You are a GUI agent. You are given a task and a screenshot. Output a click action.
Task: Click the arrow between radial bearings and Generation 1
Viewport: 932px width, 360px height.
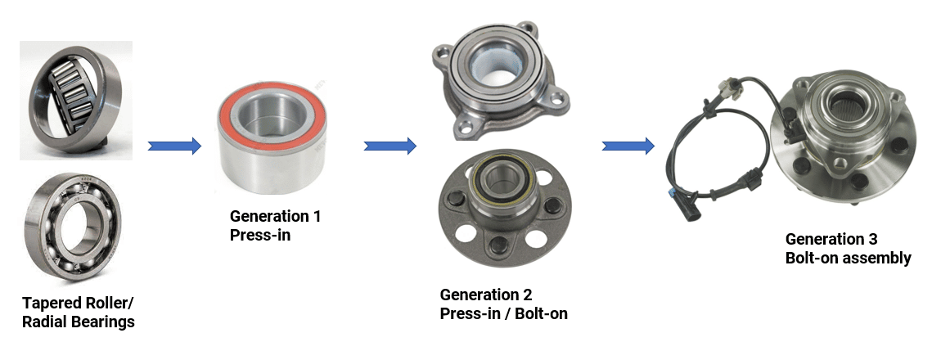pyautogui.click(x=174, y=146)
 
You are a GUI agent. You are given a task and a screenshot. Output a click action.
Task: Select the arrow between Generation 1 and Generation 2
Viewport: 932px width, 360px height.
pyautogui.click(x=390, y=146)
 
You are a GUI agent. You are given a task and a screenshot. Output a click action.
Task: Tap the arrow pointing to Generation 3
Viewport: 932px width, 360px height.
pyautogui.click(x=628, y=146)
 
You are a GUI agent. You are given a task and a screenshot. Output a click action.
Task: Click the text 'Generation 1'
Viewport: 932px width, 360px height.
pyautogui.click(x=275, y=217)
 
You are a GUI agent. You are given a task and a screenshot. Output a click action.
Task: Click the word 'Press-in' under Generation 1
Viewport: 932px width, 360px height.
pyautogui.click(x=259, y=235)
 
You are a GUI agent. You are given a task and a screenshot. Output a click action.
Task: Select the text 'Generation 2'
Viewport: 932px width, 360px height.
pyautogui.click(x=486, y=295)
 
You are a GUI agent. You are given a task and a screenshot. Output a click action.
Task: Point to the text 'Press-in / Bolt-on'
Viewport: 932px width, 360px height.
pyautogui.click(x=503, y=313)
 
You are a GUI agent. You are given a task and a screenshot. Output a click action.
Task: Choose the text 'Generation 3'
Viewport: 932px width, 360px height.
pyautogui.click(x=831, y=239)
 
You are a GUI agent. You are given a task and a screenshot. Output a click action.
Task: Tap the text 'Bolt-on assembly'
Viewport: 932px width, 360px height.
pyautogui.click(x=848, y=258)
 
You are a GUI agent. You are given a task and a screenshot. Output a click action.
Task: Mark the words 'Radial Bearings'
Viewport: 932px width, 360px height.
pyautogui.click(x=79, y=322)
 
